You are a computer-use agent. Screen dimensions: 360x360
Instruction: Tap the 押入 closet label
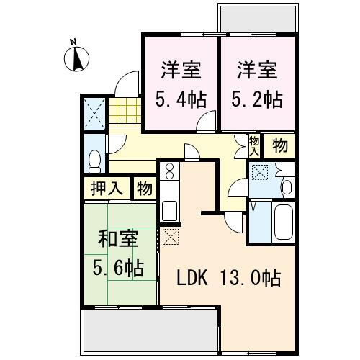[107, 189]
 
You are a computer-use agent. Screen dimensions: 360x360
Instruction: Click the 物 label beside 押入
[145, 189]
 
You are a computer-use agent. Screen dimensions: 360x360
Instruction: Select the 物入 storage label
[253, 145]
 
